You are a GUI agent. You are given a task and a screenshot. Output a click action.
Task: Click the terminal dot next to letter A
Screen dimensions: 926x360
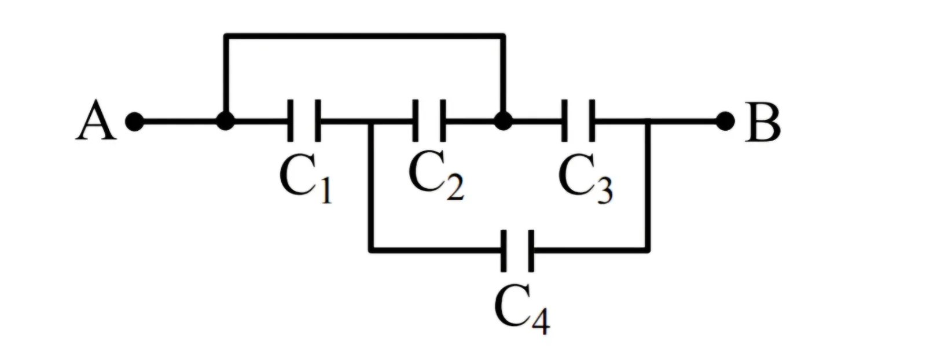click(135, 122)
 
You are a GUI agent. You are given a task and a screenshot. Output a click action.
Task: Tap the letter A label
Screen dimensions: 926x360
click(96, 120)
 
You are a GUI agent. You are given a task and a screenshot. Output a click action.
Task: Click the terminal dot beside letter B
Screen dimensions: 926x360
click(725, 121)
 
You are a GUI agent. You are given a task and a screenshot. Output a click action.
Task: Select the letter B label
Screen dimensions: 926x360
click(763, 122)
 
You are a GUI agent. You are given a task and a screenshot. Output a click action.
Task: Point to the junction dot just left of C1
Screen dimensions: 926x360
click(225, 121)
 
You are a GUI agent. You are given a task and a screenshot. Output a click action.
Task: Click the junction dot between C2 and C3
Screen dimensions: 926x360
click(503, 121)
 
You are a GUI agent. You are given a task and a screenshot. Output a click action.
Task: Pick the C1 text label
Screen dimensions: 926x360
click(306, 179)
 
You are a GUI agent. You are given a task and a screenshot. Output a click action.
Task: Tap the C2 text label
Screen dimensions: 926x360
click(436, 175)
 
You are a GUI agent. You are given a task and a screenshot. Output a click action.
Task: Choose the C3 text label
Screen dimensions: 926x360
click(585, 179)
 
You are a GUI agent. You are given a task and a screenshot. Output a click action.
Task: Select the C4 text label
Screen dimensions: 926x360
click(522, 309)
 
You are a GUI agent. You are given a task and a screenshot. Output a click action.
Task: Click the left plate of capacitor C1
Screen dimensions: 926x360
click(291, 121)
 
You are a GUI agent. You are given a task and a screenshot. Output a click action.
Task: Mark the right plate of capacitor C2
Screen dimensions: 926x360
click(443, 121)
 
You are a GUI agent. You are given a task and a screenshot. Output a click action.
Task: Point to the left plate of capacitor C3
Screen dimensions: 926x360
click(564, 121)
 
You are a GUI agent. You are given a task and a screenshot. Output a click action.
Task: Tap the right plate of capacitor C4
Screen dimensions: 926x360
click(531, 251)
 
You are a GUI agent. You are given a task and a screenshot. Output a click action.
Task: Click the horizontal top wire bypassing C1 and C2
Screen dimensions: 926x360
click(364, 36)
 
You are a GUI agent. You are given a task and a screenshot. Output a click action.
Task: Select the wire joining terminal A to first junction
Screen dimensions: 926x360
click(180, 122)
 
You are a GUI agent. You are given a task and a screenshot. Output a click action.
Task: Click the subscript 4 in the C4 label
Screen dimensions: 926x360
click(541, 321)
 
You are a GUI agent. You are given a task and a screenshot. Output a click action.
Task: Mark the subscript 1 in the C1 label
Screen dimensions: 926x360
click(326, 191)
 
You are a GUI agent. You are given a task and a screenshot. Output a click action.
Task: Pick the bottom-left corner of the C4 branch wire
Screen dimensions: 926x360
click(372, 251)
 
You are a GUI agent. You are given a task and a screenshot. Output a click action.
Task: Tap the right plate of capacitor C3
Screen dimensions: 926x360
click(592, 121)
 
